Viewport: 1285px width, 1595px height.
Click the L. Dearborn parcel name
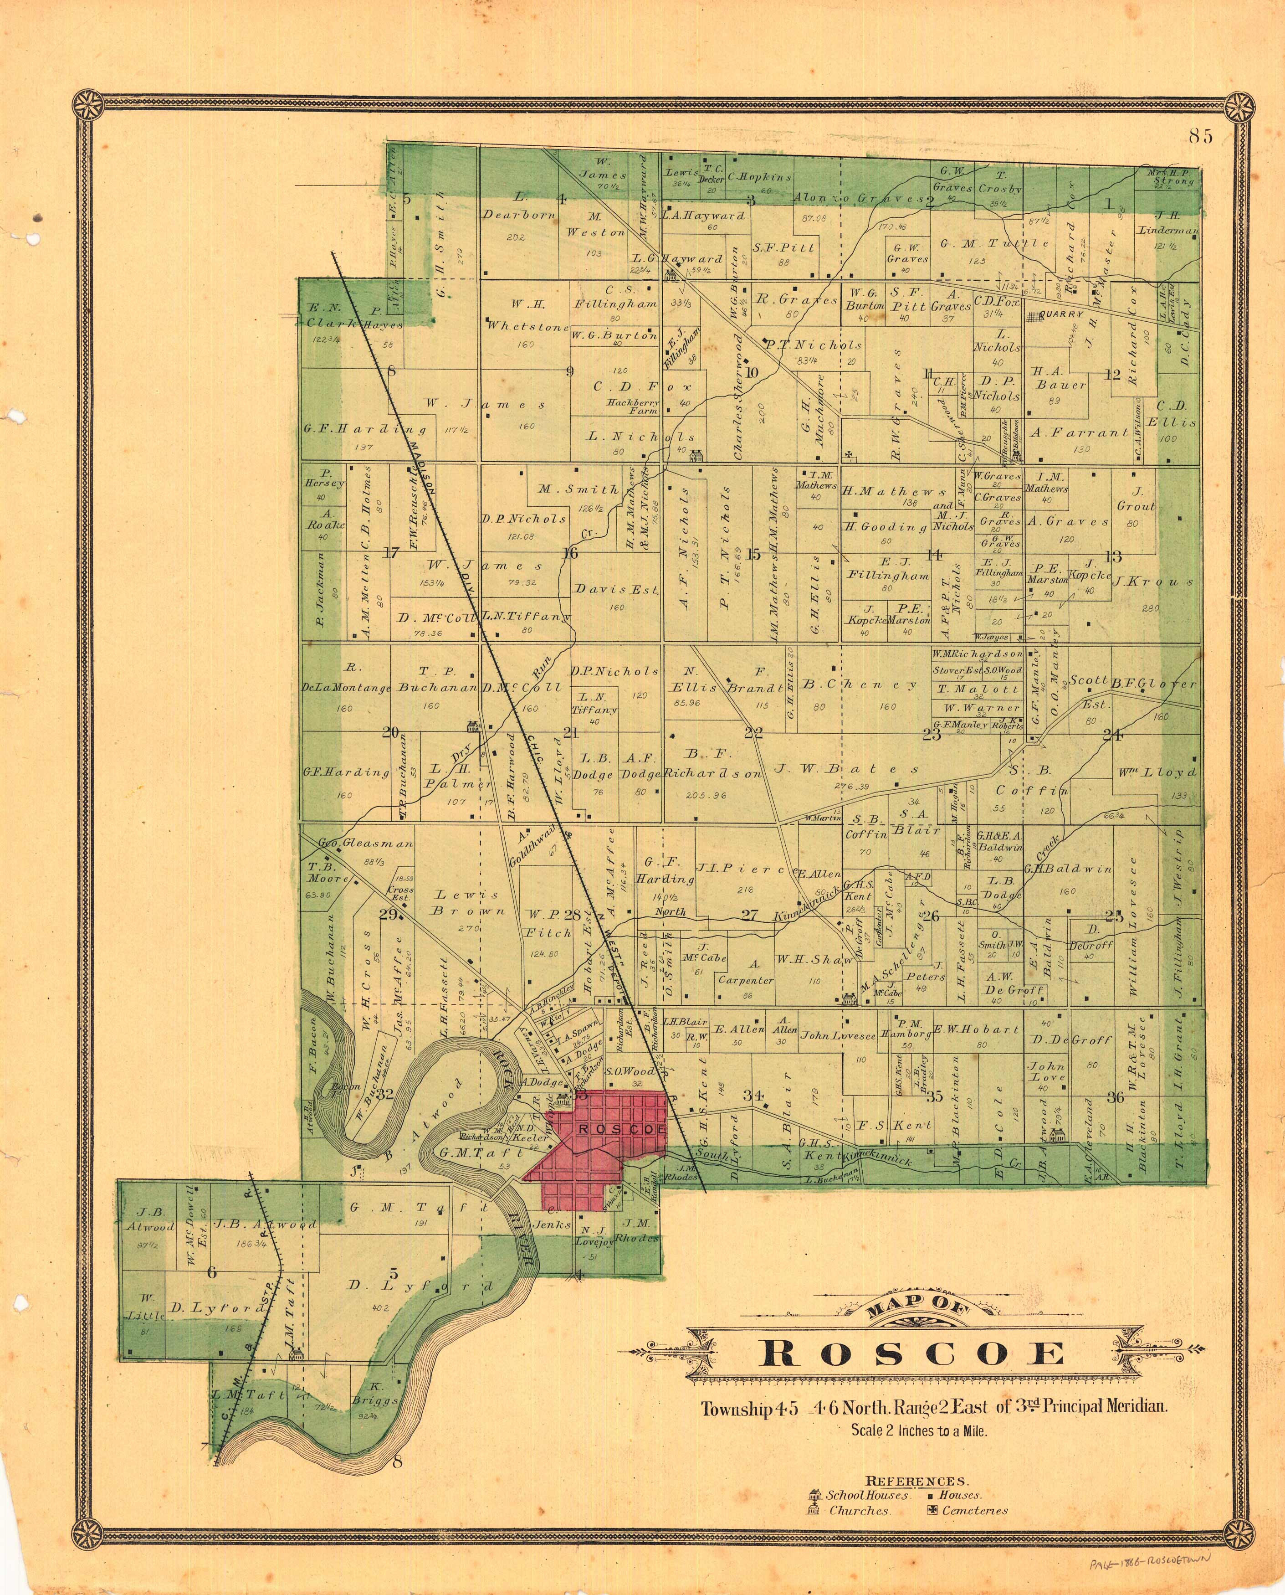click(x=511, y=215)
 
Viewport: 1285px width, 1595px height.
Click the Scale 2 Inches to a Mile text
click(x=919, y=1430)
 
